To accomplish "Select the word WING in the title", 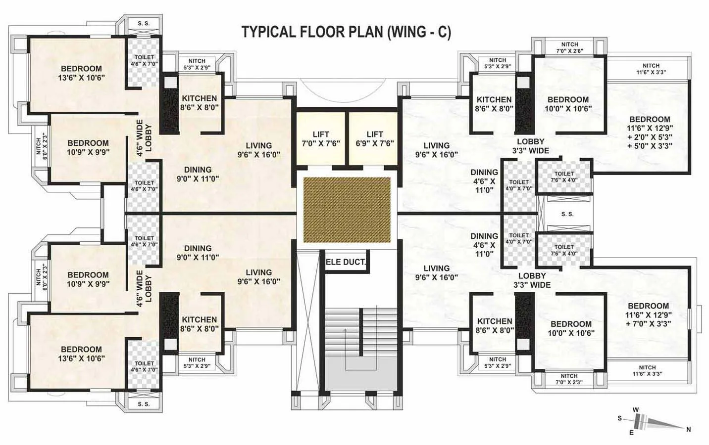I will click(408, 32).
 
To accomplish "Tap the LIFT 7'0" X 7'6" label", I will click(321, 139).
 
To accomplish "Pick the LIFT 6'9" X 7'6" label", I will click(374, 139).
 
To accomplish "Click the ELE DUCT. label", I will click(346, 262).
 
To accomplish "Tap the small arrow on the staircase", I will click(345, 330).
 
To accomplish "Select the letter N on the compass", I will click(688, 430).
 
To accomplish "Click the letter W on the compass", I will click(636, 409).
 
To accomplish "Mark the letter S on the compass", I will click(619, 418).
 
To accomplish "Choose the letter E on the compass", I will click(631, 433).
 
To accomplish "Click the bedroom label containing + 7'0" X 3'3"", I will click(648, 314).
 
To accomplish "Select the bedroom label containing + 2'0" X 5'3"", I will click(650, 133).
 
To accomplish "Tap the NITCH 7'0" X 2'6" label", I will click(569, 47).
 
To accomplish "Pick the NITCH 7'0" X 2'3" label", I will click(569, 379).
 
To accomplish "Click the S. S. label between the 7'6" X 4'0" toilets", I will click(567, 214).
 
